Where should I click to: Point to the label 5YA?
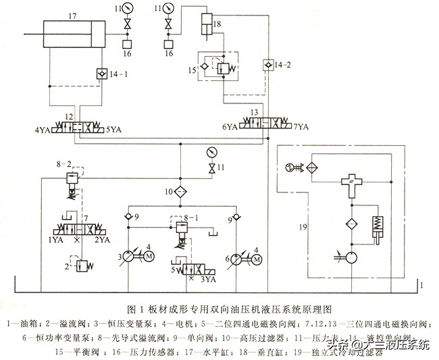pyautogui.click(x=113, y=128)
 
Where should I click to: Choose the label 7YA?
pyautogui.click(x=299, y=126)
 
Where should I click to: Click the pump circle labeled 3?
pyautogui.click(x=128, y=258)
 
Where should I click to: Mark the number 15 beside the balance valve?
pyautogui.click(x=190, y=70)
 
